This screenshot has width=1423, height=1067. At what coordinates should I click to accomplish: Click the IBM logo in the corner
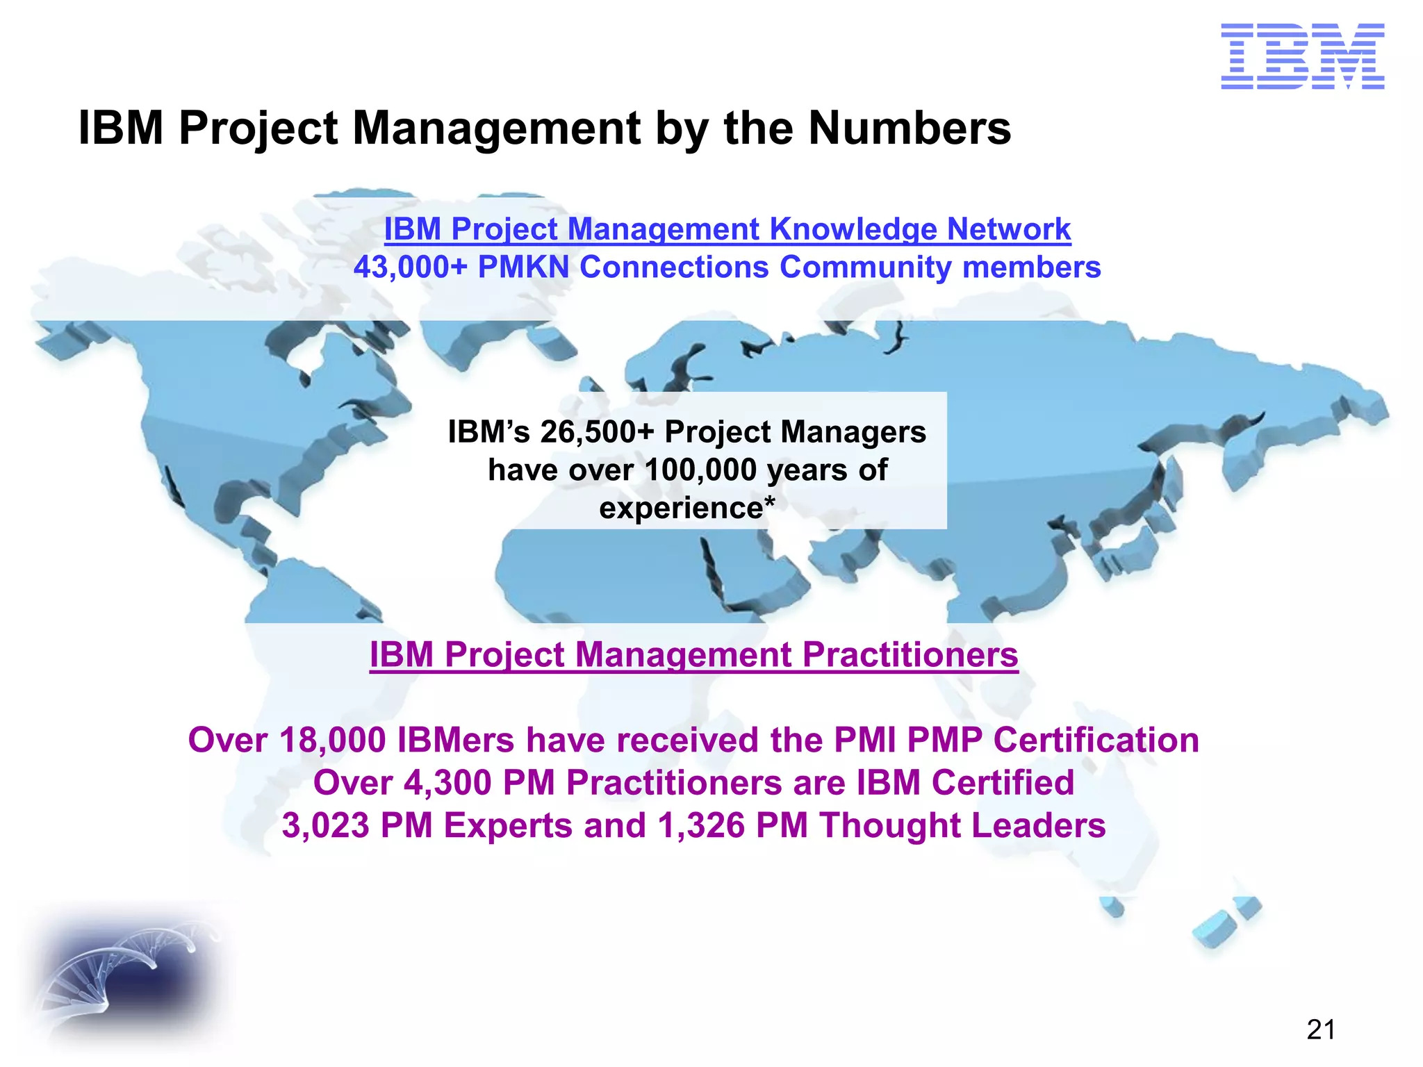tap(1302, 56)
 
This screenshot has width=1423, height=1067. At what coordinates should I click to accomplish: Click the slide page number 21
tap(1320, 1029)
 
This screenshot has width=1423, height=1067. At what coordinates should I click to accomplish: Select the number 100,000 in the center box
tap(700, 470)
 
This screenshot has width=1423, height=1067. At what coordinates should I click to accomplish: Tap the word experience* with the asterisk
tap(686, 508)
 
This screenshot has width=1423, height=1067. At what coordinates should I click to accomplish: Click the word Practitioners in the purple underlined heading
tap(910, 655)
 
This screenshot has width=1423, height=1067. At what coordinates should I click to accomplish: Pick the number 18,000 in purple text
tap(332, 741)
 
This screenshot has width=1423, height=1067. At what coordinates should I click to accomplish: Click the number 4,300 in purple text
tap(447, 783)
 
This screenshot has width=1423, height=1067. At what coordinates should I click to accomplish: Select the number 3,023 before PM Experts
tap(325, 826)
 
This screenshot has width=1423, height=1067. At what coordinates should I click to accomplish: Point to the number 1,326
tap(700, 826)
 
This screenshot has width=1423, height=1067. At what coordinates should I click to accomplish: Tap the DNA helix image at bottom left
tap(125, 973)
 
